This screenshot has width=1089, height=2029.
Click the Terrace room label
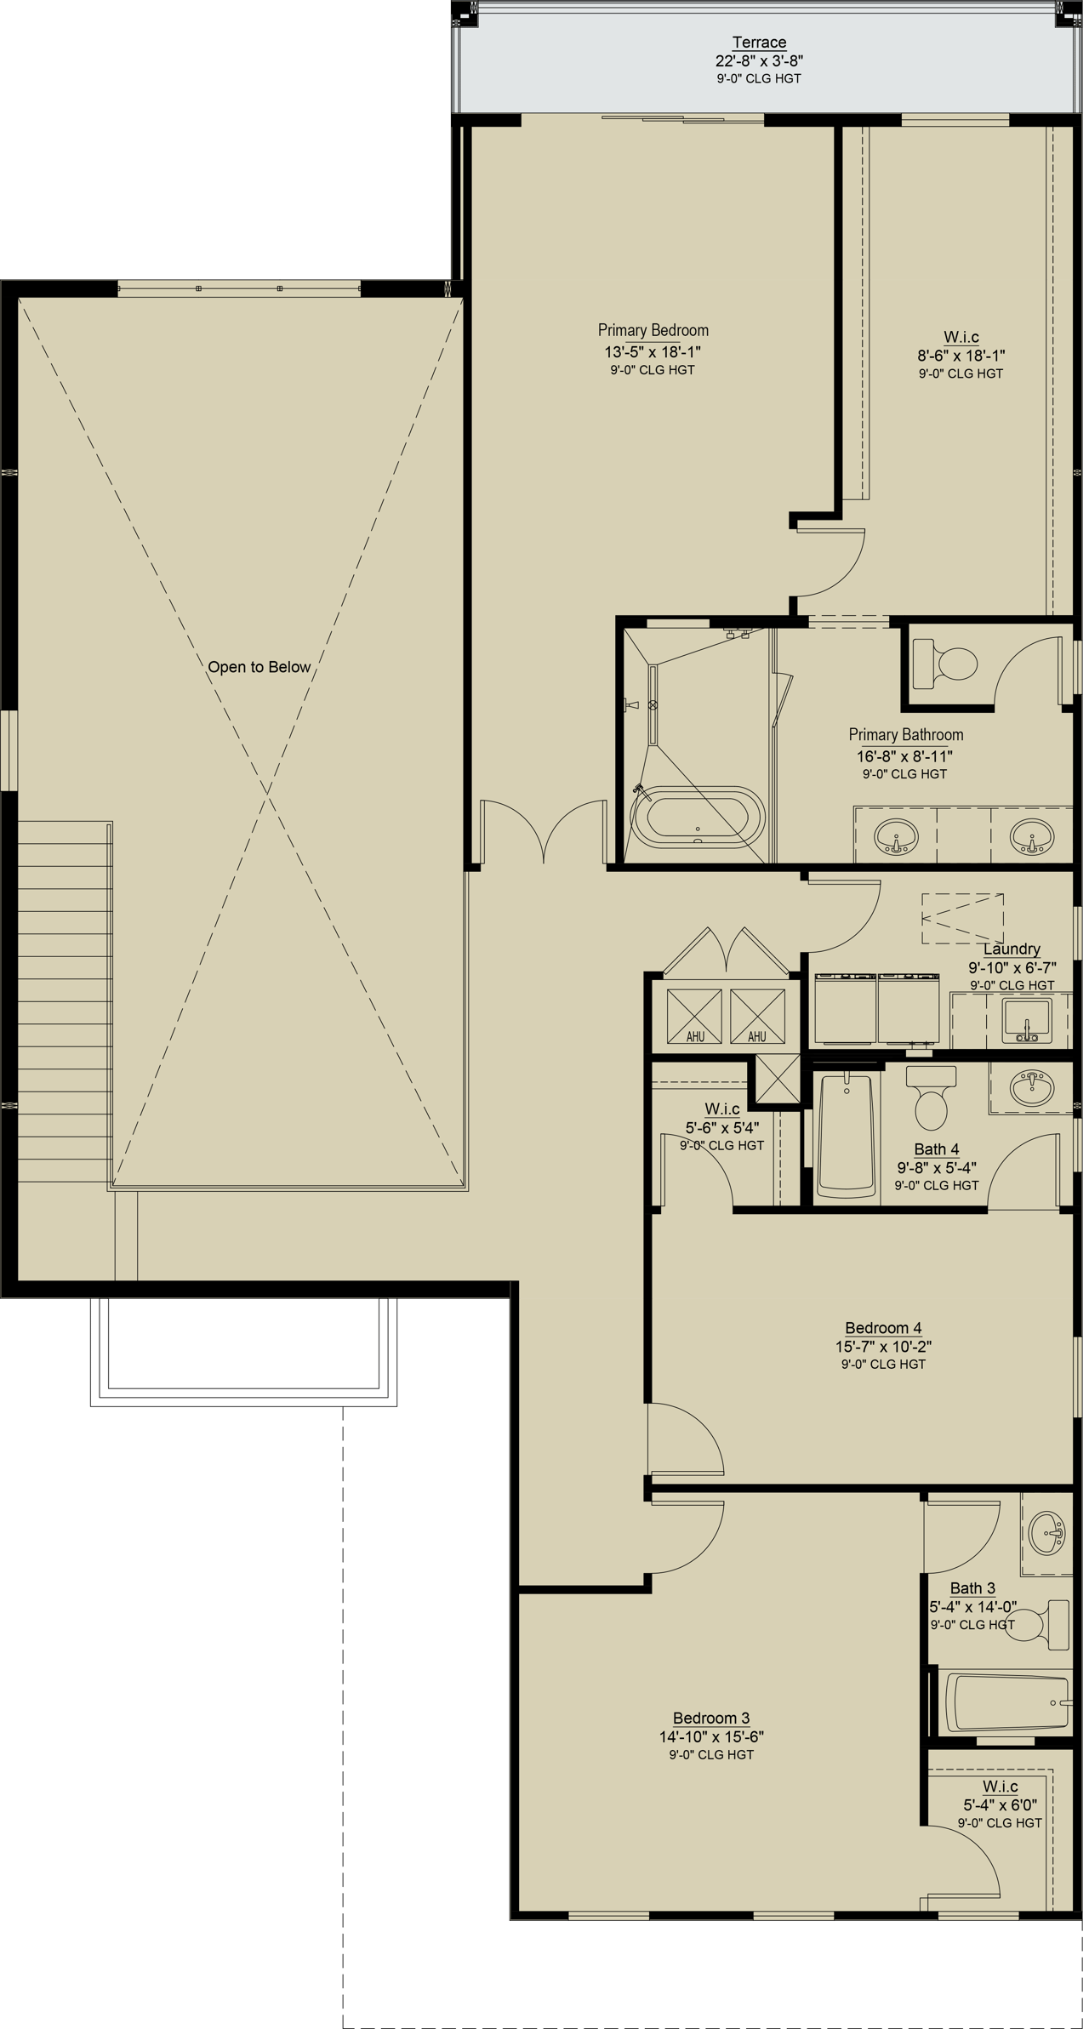coord(759,43)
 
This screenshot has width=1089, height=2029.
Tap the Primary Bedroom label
coord(653,330)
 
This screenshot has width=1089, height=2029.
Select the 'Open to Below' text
coord(259,667)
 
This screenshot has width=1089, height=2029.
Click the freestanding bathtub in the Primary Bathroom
coord(698,817)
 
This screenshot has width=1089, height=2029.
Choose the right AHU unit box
coord(757,1016)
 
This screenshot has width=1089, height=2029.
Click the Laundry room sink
coord(1027,1021)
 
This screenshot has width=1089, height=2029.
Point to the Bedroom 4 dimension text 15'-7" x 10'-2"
coord(883,1347)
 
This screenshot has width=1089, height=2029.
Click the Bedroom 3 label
coord(711,1718)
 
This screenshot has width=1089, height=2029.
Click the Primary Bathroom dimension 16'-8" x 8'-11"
coord(904,756)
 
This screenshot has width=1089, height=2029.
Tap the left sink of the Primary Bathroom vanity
coord(896,837)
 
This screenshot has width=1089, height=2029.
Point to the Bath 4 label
coord(937,1149)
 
